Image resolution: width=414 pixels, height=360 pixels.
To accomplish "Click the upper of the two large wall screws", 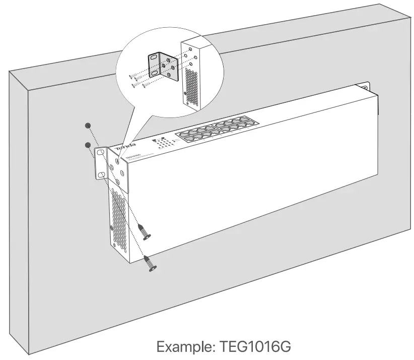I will tap(145, 231).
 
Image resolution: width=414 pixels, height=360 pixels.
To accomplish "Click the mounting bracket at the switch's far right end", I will tap(366, 87).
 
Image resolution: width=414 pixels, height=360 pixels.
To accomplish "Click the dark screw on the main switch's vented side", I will tap(112, 229).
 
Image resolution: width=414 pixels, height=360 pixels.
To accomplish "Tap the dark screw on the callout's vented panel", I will tap(185, 93).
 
